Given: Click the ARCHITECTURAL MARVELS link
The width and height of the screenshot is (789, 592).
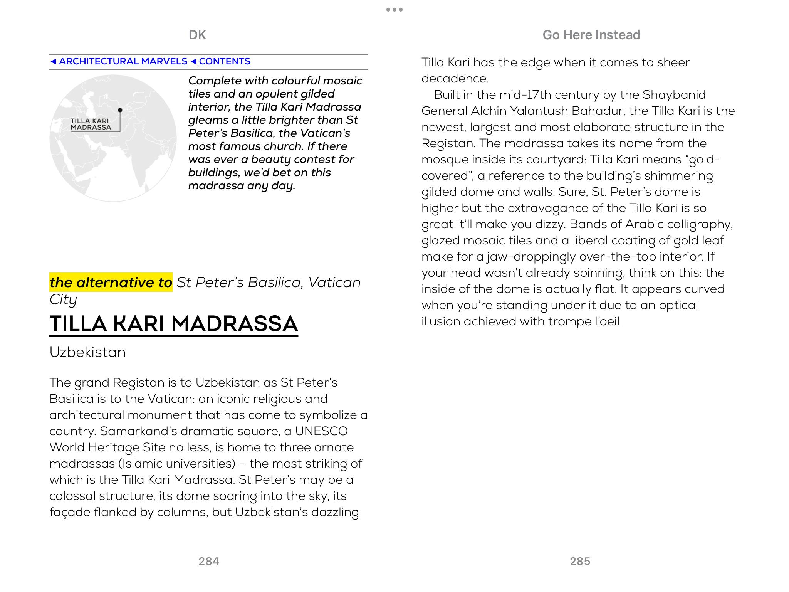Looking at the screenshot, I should pyautogui.click(x=123, y=61).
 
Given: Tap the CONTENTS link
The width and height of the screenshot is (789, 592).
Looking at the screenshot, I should pyautogui.click(x=225, y=61).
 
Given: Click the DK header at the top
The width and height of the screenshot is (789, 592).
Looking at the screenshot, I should pyautogui.click(x=197, y=35).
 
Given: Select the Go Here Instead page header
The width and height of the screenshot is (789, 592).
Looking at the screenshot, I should pyautogui.click(x=591, y=35).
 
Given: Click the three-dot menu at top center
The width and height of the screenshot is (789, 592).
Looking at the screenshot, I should pyautogui.click(x=394, y=10).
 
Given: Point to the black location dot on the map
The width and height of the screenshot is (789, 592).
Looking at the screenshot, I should pyautogui.click(x=120, y=110).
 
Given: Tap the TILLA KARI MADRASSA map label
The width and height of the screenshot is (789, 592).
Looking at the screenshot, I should pyautogui.click(x=91, y=124).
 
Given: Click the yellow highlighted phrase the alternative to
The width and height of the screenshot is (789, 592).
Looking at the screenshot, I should pyautogui.click(x=111, y=282).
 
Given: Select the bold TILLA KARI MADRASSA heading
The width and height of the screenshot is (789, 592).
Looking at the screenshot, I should pyautogui.click(x=174, y=323).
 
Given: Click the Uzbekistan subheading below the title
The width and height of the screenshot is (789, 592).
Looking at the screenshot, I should pyautogui.click(x=87, y=352).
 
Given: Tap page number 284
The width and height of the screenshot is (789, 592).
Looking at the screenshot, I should pyautogui.click(x=209, y=561).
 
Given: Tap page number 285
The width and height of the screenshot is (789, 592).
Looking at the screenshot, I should pyautogui.click(x=580, y=561).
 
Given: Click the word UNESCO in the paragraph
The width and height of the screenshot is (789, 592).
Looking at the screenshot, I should pyautogui.click(x=321, y=431).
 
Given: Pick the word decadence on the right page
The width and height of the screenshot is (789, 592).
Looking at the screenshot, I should pyautogui.click(x=455, y=79).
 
